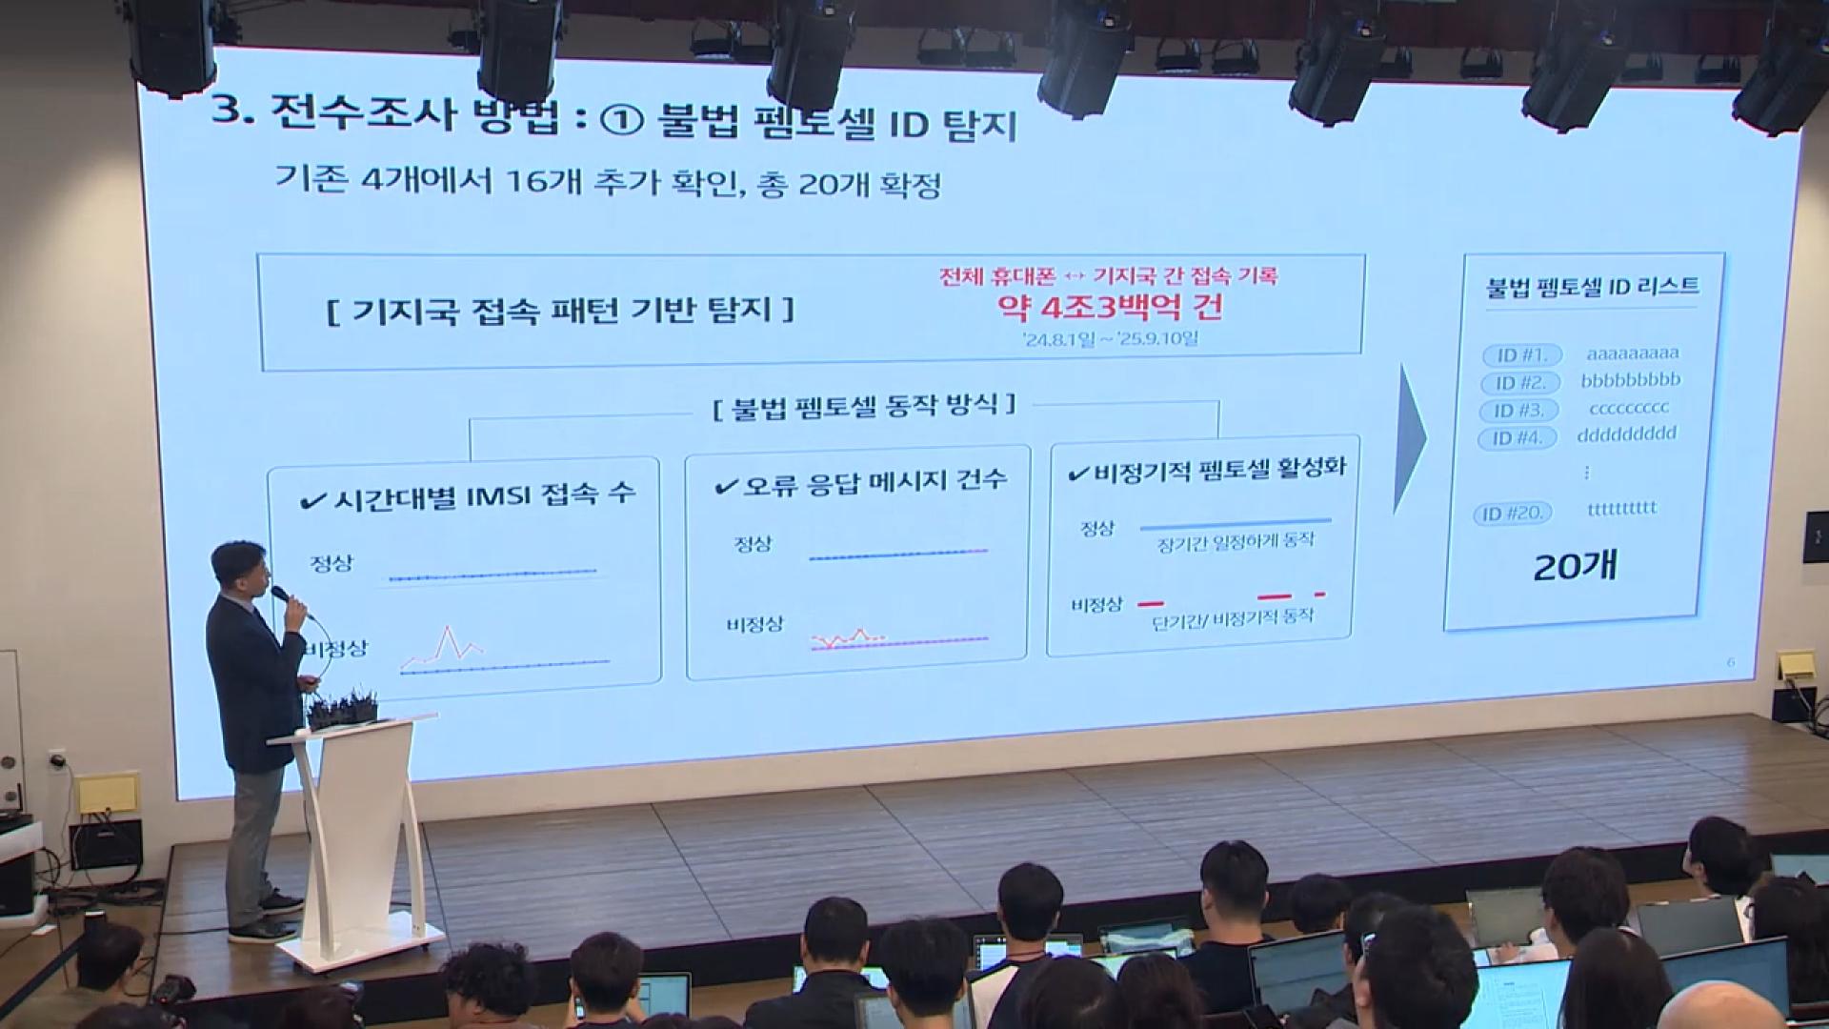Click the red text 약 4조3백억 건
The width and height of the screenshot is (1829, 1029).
click(1109, 307)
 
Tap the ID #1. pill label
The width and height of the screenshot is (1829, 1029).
click(1522, 355)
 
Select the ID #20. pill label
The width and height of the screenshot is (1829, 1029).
click(1513, 514)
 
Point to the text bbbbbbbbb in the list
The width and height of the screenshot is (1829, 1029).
click(1631, 380)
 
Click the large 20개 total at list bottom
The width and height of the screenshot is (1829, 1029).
click(1575, 567)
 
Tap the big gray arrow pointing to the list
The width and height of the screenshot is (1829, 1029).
click(1409, 439)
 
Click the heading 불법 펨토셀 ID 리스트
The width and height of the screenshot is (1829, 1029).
click(1592, 286)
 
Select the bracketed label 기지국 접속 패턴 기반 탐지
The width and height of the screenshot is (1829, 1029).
click(560, 311)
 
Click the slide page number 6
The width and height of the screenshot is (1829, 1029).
click(1731, 662)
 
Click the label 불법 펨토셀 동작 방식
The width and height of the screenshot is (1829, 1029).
click(865, 407)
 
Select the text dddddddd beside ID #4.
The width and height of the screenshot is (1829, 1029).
click(1626, 434)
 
